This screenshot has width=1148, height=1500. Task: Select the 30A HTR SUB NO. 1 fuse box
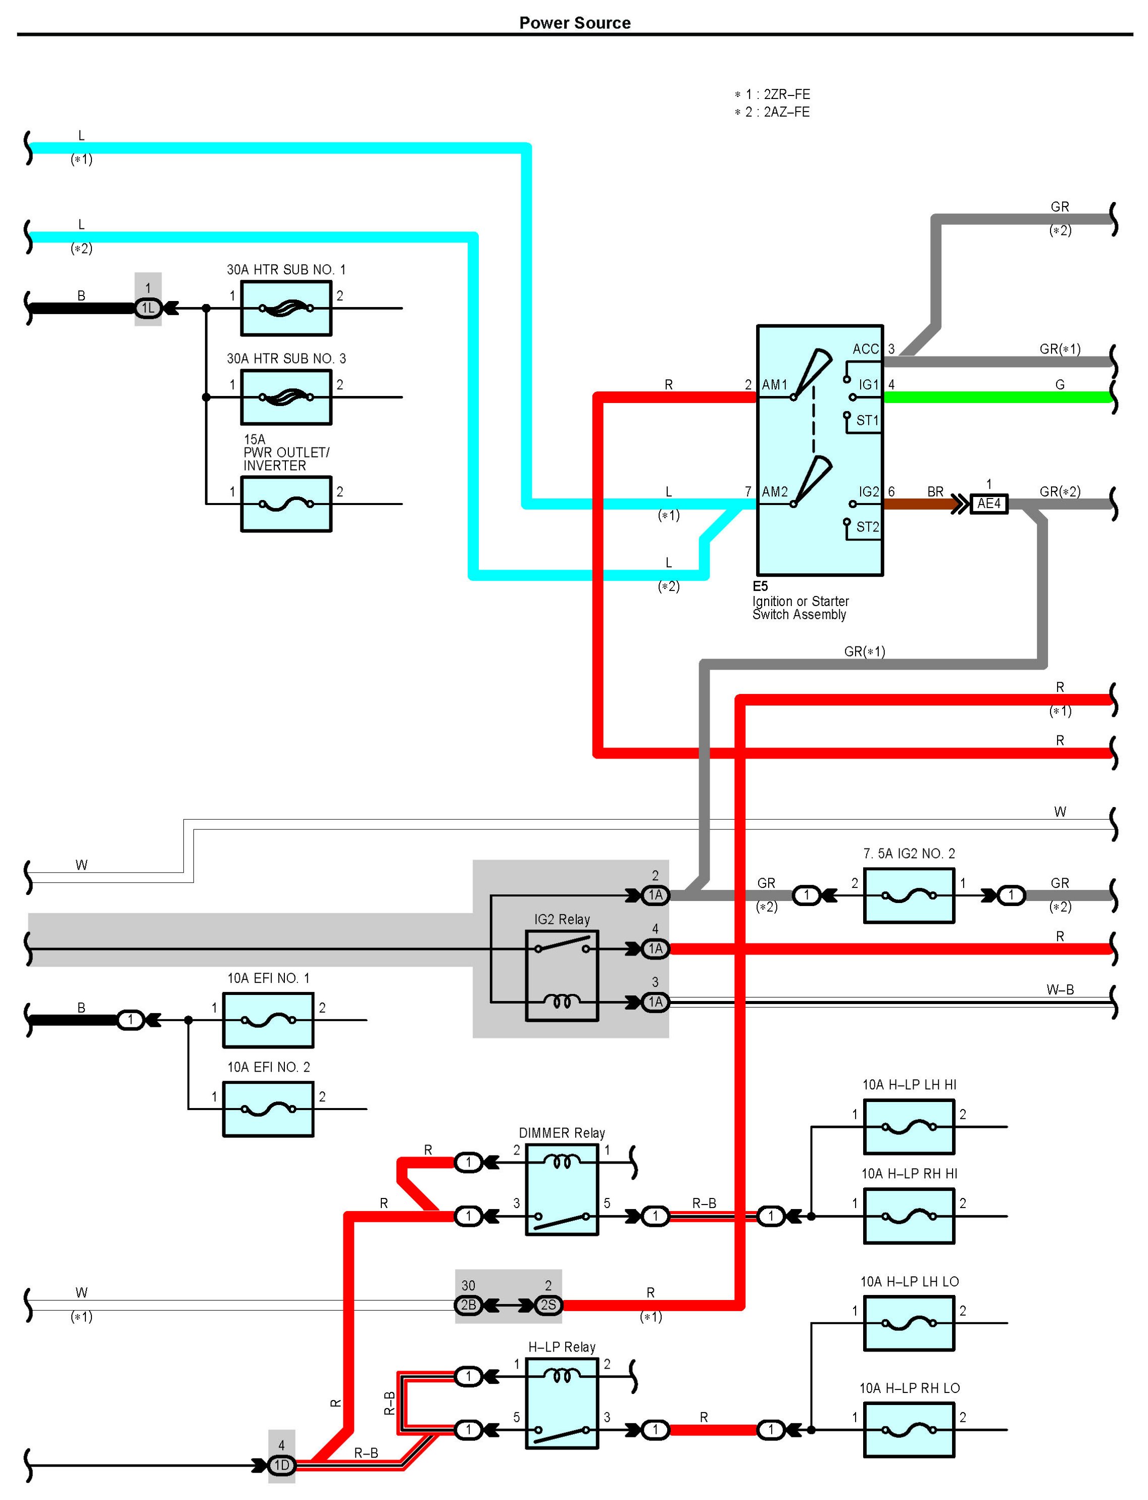pyautogui.click(x=286, y=308)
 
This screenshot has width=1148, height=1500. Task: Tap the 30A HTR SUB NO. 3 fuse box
pyautogui.click(x=286, y=397)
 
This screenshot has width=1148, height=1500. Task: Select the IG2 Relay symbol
pyautogui.click(x=562, y=975)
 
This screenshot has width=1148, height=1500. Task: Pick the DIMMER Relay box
pyautogui.click(x=562, y=1189)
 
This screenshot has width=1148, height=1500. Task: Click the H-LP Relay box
pyautogui.click(x=562, y=1403)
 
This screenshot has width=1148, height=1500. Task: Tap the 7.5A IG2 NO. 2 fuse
pyautogui.click(x=909, y=895)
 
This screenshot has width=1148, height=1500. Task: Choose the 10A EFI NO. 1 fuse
pyautogui.click(x=268, y=1020)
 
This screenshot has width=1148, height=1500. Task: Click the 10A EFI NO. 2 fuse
pyautogui.click(x=268, y=1109)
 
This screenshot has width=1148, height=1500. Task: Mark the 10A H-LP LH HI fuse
pyautogui.click(x=909, y=1127)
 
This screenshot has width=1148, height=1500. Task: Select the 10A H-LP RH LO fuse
pyautogui.click(x=909, y=1430)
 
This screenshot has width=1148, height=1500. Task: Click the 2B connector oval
pyautogui.click(x=468, y=1305)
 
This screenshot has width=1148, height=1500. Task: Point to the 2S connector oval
pyautogui.click(x=548, y=1305)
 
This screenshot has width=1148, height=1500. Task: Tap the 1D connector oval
pyautogui.click(x=281, y=1465)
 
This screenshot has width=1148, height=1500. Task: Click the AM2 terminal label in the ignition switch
pyautogui.click(x=775, y=492)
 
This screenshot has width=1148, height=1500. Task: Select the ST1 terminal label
pyautogui.click(x=867, y=420)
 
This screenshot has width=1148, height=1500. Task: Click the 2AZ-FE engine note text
pyautogui.click(x=773, y=112)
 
